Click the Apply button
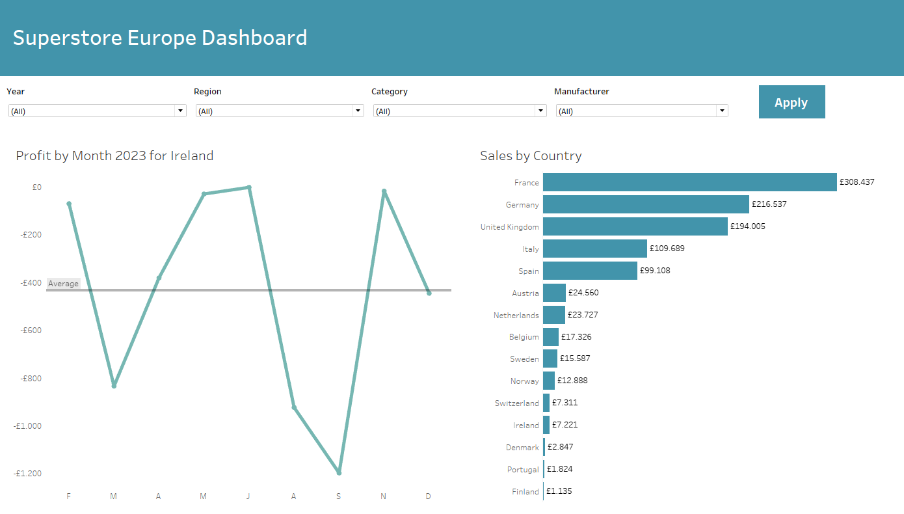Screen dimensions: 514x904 (791, 102)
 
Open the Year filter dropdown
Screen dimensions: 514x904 (97, 111)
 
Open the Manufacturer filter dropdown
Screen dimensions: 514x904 (642, 111)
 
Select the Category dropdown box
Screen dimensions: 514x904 (460, 111)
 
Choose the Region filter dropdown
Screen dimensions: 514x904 (280, 111)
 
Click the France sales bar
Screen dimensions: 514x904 (689, 182)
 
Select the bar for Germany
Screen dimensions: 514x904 (646, 204)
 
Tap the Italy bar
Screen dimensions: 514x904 (595, 249)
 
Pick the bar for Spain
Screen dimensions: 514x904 (590, 271)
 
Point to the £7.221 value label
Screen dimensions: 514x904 (565, 425)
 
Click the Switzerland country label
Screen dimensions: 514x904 (517, 403)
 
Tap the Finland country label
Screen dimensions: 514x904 (525, 492)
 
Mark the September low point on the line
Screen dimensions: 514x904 (339, 472)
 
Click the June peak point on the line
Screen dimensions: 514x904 (249, 187)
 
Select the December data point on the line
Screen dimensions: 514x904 (429, 293)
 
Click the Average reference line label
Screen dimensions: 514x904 (63, 284)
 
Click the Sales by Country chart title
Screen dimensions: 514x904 (531, 156)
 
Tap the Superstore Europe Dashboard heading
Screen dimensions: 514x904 (160, 38)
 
